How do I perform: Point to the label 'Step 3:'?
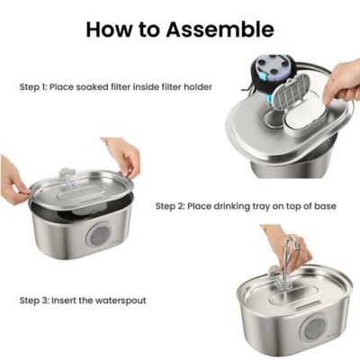coord(38,299)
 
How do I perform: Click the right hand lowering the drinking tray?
coord(123,155)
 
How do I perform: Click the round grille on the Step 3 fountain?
coord(316,328)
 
